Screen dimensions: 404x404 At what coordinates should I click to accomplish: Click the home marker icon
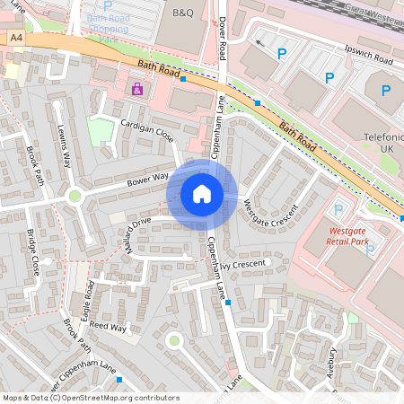[202, 194]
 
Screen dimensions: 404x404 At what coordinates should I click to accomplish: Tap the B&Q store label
[182, 13]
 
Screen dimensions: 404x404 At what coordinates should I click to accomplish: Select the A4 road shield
[16, 38]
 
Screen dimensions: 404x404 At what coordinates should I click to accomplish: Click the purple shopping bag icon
[136, 89]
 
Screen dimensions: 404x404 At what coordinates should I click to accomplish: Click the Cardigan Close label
[148, 131]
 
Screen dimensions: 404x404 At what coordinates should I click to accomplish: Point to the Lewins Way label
[63, 147]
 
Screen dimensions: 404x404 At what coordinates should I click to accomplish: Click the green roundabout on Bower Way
[75, 196]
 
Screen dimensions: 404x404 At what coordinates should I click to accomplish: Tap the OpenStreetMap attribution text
[90, 397]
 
